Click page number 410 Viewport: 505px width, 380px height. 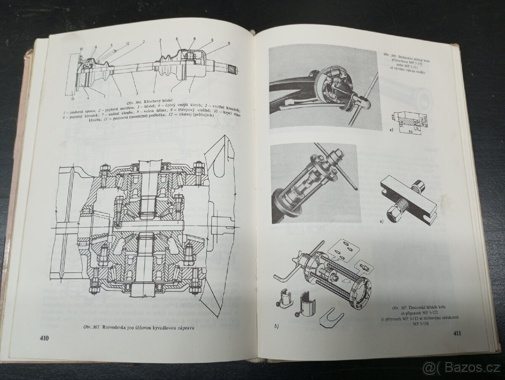click(43, 338)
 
